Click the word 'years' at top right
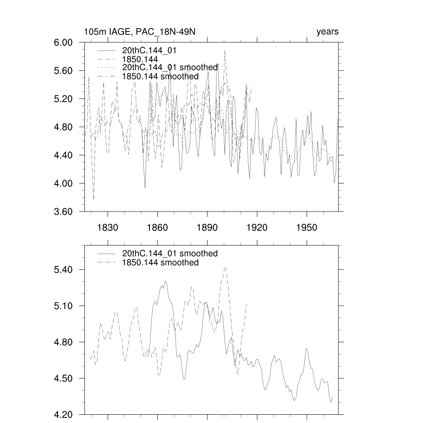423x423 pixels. tap(327, 32)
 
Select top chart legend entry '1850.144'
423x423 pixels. tap(140, 59)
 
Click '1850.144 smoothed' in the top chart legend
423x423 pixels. tap(160, 76)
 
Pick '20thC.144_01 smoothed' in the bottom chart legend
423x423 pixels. tap(170, 253)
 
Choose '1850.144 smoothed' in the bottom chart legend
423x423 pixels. tap(160, 263)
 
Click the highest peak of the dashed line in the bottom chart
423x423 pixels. tap(225, 267)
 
